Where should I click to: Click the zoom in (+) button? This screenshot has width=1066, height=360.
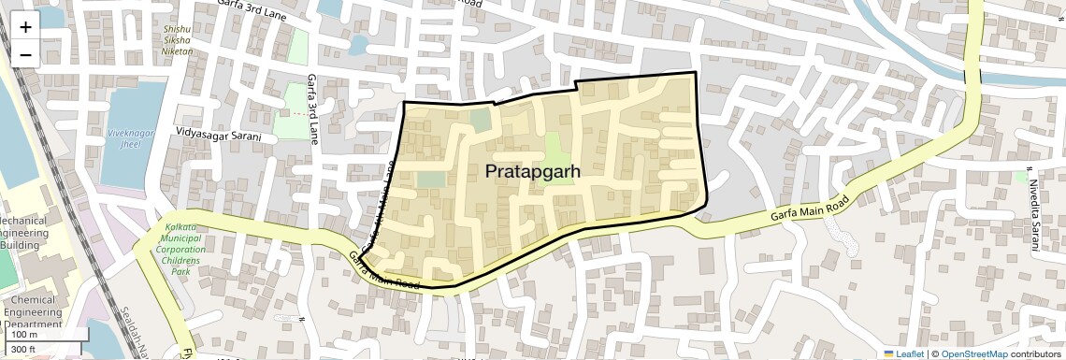click(25, 26)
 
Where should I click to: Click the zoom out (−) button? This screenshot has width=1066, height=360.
click(25, 54)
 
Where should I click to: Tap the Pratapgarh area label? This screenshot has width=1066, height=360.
click(533, 172)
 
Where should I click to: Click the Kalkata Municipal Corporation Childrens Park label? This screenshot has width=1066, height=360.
click(180, 250)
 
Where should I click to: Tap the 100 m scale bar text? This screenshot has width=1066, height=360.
click(24, 334)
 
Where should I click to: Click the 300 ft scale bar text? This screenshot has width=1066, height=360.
click(22, 349)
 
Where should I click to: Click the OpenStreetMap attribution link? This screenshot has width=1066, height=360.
click(974, 353)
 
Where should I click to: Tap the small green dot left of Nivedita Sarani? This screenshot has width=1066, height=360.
click(1020, 176)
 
